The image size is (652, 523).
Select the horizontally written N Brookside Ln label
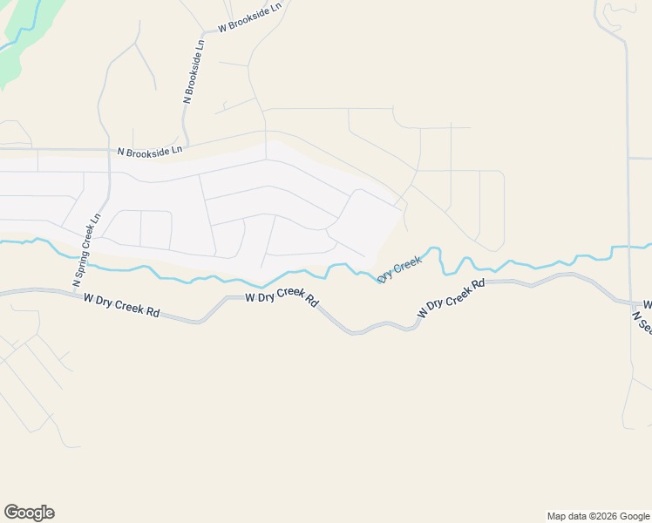click(x=150, y=152)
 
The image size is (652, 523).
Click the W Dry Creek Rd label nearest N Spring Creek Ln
click(x=123, y=305)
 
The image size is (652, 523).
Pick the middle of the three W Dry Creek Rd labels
click(x=282, y=296)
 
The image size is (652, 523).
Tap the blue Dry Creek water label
click(x=400, y=268)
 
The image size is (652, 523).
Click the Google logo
click(x=29, y=513)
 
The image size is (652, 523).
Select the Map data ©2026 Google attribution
click(x=599, y=516)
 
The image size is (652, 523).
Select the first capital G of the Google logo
click(x=11, y=513)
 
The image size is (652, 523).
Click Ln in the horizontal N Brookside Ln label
click(x=177, y=150)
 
